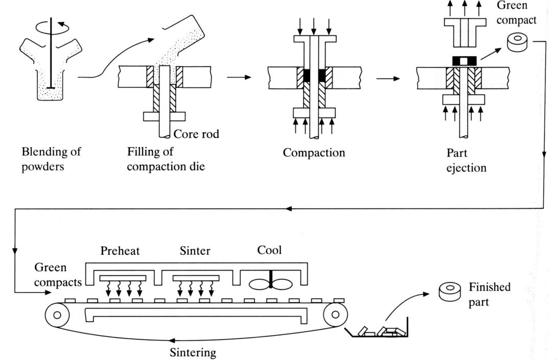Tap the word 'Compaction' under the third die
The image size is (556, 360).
[x=314, y=152]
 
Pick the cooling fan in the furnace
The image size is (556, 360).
[x=270, y=284]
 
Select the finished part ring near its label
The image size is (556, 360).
[x=451, y=292]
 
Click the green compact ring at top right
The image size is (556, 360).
[x=517, y=43]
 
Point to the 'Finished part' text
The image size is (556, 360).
[x=489, y=294]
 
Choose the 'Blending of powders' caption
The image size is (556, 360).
[x=51, y=159]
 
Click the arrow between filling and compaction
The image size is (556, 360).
[x=239, y=77]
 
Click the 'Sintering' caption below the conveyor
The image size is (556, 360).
[x=193, y=352]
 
